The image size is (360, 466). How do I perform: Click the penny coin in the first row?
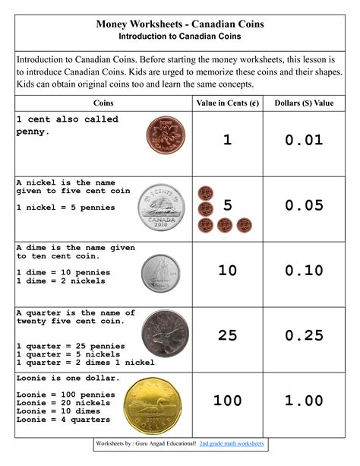[162, 139]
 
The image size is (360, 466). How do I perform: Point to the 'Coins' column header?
[104, 103]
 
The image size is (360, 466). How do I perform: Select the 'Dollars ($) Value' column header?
[304, 103]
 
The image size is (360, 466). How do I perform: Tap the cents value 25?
[228, 335]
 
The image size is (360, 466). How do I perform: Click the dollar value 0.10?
[304, 271]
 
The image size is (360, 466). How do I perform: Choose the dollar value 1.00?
[304, 401]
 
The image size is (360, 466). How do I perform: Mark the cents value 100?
[228, 401]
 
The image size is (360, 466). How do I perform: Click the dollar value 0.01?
[304, 140]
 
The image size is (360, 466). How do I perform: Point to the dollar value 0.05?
[304, 205]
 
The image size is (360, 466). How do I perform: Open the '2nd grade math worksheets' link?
[231, 442]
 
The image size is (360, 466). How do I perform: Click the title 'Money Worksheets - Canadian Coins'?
[180, 24]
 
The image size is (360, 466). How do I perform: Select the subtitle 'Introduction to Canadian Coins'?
[180, 36]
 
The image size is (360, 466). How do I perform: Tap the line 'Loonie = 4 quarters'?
[63, 420]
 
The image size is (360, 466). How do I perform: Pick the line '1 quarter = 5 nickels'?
[68, 354]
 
